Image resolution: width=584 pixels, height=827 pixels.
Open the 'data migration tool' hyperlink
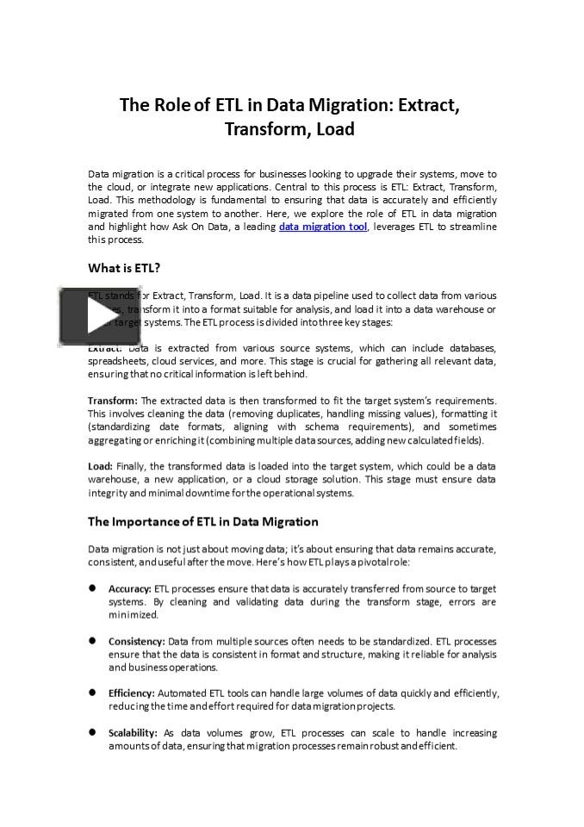(323, 227)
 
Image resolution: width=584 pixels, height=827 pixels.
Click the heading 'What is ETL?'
(124, 267)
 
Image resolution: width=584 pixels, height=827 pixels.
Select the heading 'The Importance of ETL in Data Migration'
(203, 521)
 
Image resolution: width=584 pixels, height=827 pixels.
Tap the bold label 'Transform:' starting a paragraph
(112, 401)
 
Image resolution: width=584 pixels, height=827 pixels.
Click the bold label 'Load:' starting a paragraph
(100, 466)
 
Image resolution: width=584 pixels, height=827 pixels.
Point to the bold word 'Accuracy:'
(129, 589)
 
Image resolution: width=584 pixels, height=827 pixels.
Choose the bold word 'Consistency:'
(136, 641)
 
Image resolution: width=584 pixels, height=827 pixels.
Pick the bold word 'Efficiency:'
(131, 693)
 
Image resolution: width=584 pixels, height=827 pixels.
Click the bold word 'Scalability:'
(133, 732)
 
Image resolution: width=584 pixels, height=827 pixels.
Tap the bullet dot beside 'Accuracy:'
(92, 589)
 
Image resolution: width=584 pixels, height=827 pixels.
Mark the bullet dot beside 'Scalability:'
(92, 732)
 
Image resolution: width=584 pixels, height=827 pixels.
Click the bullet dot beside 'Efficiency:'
(92, 693)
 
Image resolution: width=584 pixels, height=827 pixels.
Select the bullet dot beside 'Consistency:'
(92, 641)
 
